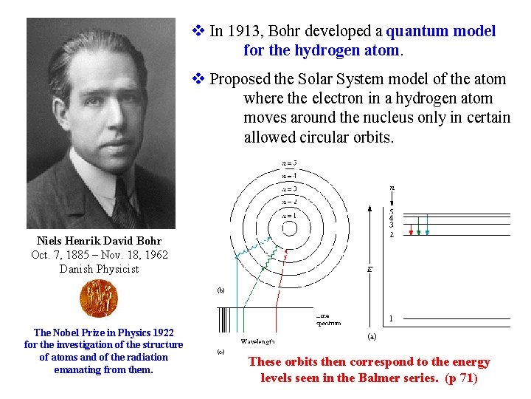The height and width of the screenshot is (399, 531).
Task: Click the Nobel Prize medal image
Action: pyautogui.click(x=98, y=299)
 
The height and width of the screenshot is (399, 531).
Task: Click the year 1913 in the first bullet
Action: pyautogui.click(x=243, y=31)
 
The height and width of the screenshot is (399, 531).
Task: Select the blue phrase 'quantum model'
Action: pyautogui.click(x=441, y=31)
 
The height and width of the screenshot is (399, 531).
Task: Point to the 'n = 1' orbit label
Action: pyautogui.click(x=289, y=215)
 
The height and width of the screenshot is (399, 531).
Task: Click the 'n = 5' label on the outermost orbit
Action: pyautogui.click(x=289, y=163)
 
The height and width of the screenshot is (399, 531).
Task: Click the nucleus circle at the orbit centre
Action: pyautogui.click(x=289, y=228)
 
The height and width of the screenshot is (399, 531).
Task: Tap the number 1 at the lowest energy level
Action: pyautogui.click(x=391, y=319)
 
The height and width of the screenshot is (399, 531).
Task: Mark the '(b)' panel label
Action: pyautogui.click(x=221, y=290)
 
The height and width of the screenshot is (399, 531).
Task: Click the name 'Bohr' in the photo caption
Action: pyautogui.click(x=148, y=241)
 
